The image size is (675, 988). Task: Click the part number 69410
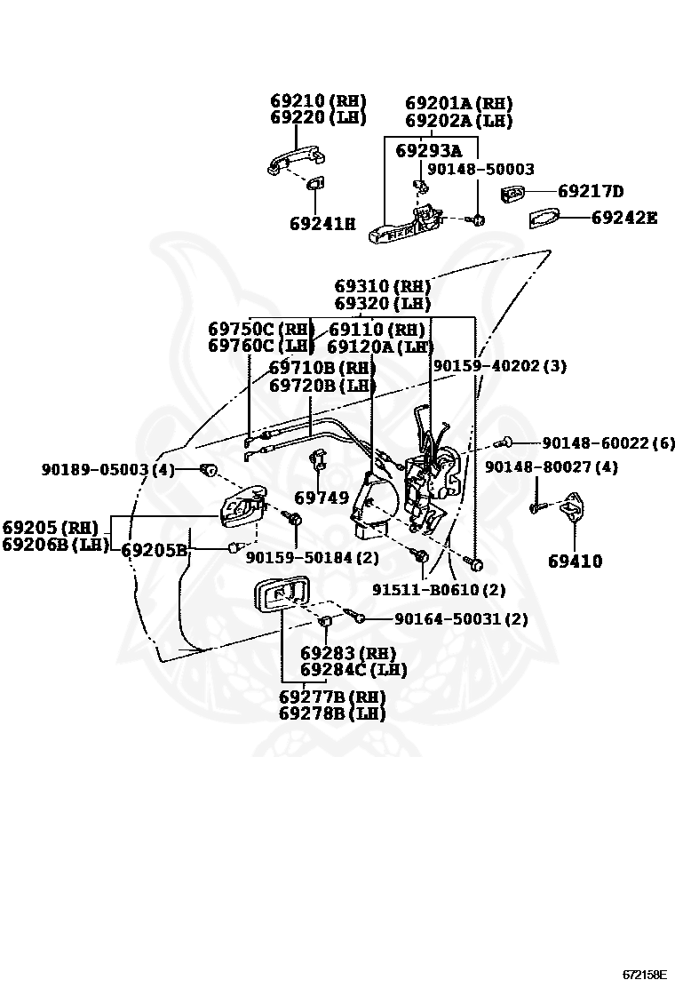[575, 562]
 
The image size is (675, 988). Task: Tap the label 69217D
[591, 191]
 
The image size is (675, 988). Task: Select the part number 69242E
[623, 217]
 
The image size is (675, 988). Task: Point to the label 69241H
[322, 224]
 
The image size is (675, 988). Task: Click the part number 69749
[322, 498]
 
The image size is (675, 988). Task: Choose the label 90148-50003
[480, 169]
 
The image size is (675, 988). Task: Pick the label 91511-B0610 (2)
[439, 590]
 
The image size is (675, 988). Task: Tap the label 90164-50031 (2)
[461, 619]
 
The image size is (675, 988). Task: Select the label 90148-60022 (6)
[608, 442]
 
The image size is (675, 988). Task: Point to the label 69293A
[429, 150]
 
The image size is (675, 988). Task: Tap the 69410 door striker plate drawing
[570, 506]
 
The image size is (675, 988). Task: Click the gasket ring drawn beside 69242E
[544, 218]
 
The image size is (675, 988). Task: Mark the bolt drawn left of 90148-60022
[507, 442]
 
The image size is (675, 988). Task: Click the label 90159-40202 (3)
[499, 366]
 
